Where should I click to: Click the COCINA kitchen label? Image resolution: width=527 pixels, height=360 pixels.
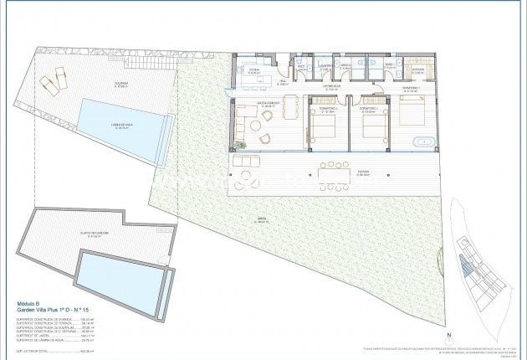click(251, 71)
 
